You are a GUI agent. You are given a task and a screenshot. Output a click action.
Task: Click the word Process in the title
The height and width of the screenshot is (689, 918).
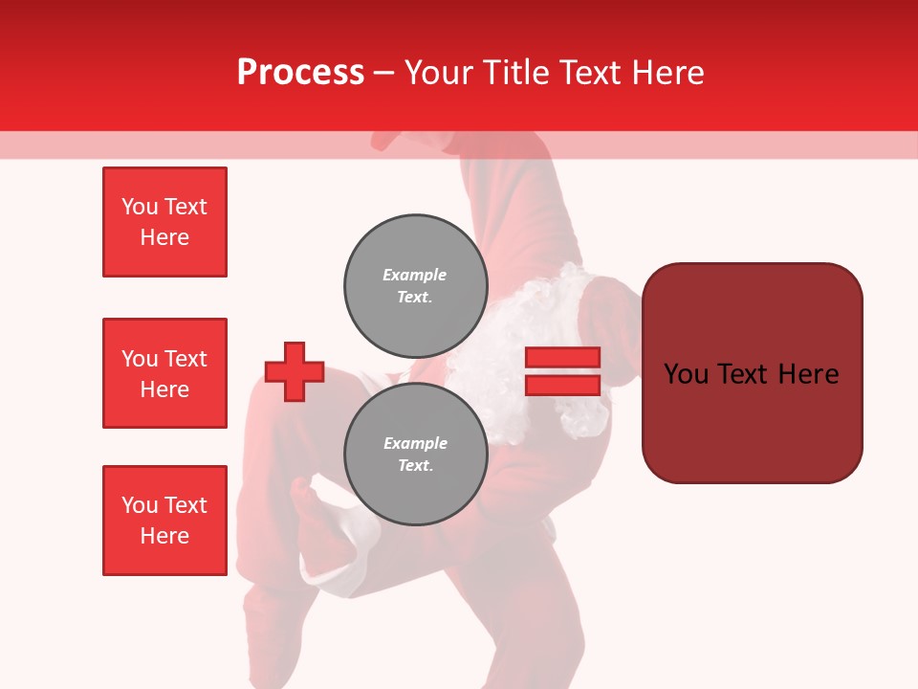[x=300, y=73]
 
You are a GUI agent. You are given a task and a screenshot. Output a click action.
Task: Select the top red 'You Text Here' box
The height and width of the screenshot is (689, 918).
[x=164, y=222]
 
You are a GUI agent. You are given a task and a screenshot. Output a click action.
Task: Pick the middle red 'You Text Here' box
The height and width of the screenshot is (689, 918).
[x=164, y=373]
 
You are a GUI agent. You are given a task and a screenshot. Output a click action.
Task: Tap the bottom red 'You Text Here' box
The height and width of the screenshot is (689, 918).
[x=164, y=520]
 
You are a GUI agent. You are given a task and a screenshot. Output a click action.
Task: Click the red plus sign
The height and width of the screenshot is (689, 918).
[x=295, y=371]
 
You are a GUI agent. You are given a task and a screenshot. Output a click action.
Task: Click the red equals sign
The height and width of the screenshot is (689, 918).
[x=562, y=371]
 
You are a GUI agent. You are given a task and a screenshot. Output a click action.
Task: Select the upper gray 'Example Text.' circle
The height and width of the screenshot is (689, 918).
[x=415, y=285]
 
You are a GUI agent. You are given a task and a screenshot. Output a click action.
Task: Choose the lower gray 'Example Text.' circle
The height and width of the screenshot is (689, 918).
[x=415, y=454]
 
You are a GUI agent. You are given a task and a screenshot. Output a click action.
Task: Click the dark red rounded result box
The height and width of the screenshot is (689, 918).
[x=752, y=372]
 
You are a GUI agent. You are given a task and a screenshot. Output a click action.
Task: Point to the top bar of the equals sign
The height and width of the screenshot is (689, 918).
[x=562, y=358]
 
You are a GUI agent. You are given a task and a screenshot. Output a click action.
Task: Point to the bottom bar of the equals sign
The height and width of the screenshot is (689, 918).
[x=562, y=385]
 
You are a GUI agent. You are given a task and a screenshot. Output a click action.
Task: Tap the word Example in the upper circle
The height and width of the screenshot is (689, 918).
[x=415, y=275]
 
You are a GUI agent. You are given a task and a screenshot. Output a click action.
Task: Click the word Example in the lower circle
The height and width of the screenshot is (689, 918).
[x=415, y=443]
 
